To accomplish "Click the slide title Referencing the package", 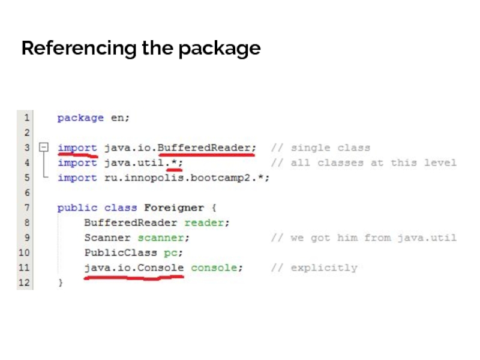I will (x=140, y=48).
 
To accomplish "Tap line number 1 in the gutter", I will (x=26, y=118).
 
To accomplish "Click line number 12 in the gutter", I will (x=24, y=283).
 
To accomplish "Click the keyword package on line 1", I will (x=80, y=118).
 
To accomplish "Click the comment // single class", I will (x=320, y=148).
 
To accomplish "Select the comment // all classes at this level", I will (x=364, y=163).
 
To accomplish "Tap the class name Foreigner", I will (x=174, y=208).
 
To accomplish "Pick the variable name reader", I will (x=206, y=223).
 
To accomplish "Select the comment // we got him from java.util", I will (x=364, y=238).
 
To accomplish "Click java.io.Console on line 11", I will (x=134, y=268).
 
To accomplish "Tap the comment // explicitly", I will (x=314, y=268).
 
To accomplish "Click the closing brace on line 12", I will (x=60, y=283).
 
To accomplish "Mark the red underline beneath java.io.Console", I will (x=134, y=278).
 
